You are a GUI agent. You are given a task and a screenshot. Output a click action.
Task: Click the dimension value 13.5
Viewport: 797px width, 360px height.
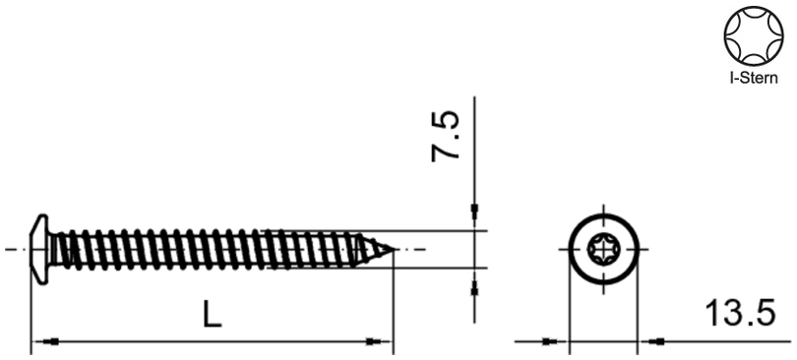coord(741,316)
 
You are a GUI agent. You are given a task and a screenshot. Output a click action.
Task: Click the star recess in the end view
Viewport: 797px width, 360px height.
coord(603,250)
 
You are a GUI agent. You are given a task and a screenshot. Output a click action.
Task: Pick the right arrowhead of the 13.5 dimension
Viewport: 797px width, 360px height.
coord(651,342)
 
